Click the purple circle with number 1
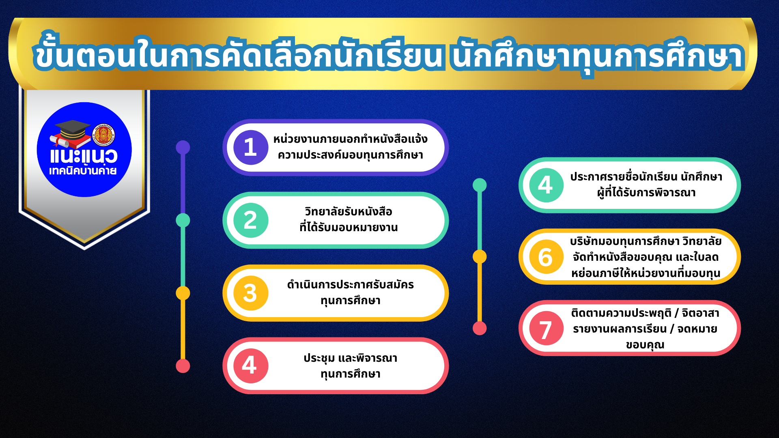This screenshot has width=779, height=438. [x=250, y=147]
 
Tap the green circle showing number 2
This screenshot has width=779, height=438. [x=250, y=220]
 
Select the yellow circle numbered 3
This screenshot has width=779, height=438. [x=250, y=293]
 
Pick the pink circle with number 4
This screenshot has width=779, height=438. [x=250, y=366]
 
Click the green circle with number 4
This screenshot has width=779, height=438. [x=546, y=185]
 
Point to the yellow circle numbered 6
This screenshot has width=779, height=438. [x=546, y=257]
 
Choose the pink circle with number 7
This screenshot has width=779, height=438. [x=546, y=328]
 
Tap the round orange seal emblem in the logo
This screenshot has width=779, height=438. [x=103, y=135]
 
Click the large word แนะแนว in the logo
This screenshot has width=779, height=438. [x=84, y=156]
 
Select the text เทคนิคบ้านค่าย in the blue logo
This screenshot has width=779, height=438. [x=83, y=171]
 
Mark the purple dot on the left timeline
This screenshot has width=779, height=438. [x=183, y=147]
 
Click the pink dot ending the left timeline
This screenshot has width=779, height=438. [x=183, y=366]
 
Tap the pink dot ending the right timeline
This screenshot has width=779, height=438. [x=480, y=328]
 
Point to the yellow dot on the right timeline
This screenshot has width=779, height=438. [x=480, y=257]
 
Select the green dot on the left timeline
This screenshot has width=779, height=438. [x=183, y=220]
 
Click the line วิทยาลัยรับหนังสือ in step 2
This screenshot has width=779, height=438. [x=349, y=211]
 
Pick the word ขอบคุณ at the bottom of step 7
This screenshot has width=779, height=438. [x=645, y=345]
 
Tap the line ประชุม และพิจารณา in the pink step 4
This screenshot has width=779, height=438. [x=351, y=358]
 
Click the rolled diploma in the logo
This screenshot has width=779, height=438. [x=58, y=141]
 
